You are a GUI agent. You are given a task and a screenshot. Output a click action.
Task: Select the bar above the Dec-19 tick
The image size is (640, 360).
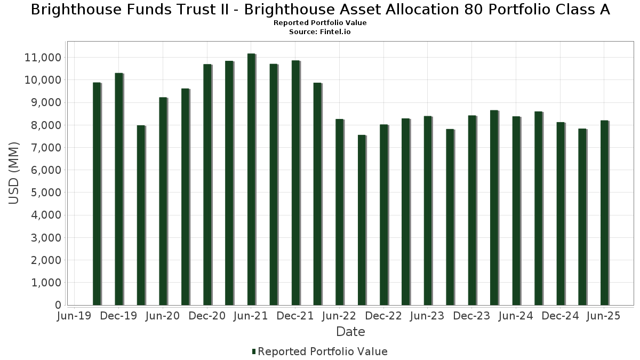118,189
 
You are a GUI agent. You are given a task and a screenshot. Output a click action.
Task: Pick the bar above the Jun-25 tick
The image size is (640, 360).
604,213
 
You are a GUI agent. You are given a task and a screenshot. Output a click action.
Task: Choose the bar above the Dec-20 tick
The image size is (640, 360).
207,185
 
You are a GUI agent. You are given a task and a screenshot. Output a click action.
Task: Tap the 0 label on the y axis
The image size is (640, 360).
58,305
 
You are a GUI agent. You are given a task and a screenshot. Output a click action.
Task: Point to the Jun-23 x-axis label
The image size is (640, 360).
427,316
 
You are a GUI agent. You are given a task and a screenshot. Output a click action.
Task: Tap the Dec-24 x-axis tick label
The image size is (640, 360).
560,316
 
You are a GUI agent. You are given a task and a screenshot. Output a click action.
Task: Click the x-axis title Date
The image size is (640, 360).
350,332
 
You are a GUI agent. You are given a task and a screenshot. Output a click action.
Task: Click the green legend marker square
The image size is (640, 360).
254,351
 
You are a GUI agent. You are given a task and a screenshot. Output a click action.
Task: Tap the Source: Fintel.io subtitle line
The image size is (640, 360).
320,32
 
